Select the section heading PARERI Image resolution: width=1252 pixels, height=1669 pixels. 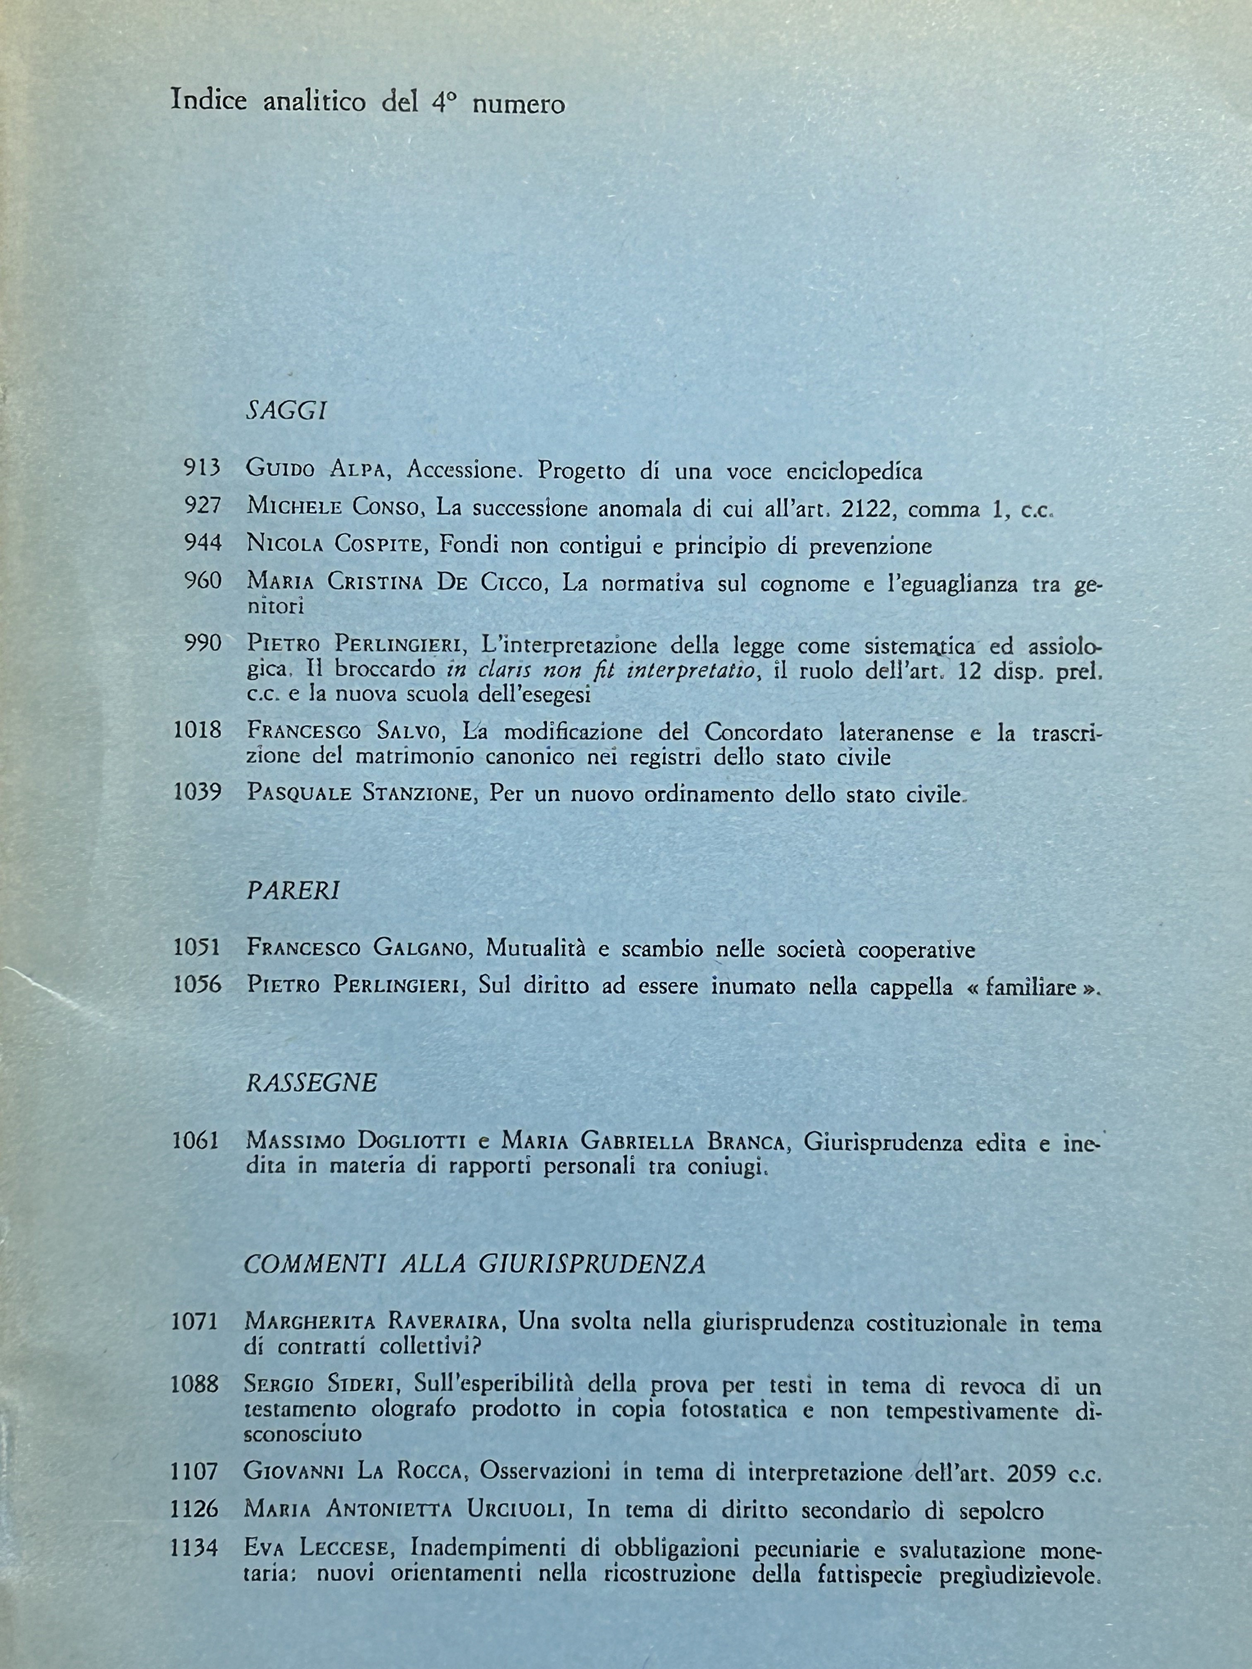pos(293,890)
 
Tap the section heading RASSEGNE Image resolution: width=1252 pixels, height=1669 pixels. pos(311,1083)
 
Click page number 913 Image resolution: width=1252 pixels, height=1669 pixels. pos(202,469)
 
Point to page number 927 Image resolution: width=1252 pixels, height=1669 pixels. pos(202,505)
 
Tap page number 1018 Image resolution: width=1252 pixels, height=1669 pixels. pos(197,730)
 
